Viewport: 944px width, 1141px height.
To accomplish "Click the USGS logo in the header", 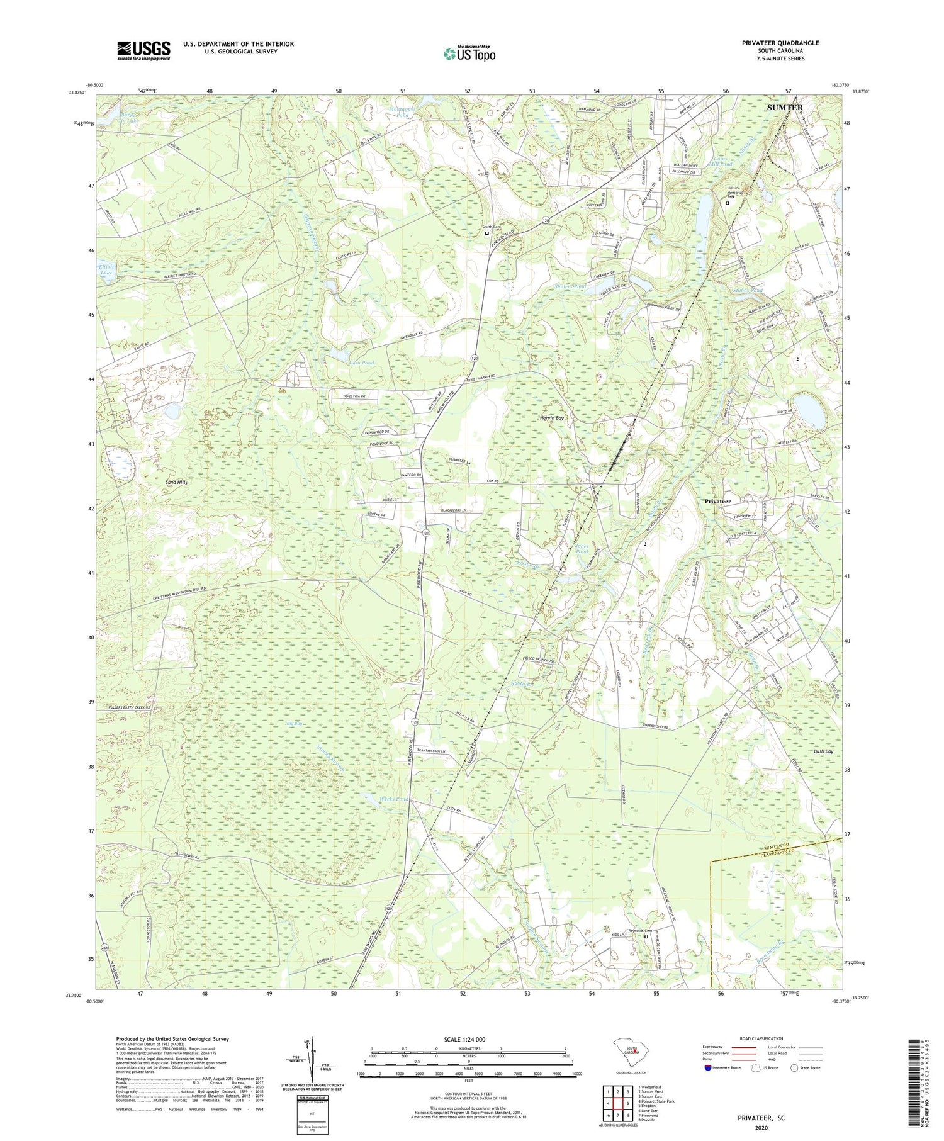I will (x=143, y=50).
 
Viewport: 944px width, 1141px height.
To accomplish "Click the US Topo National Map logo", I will (x=469, y=53).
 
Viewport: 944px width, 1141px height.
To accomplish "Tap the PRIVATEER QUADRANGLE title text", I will (x=780, y=43).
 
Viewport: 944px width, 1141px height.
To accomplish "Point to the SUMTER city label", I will (x=784, y=108).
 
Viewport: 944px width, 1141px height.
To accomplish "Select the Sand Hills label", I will (x=176, y=481).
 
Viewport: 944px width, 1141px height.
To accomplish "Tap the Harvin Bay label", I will (x=551, y=418).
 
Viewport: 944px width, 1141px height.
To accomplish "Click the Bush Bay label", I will (x=823, y=751).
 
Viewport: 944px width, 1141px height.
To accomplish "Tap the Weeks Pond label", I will (x=394, y=799).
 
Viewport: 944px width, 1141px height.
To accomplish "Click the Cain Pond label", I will (x=361, y=363).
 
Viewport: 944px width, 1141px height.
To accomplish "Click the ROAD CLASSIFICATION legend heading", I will (x=761, y=1038).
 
